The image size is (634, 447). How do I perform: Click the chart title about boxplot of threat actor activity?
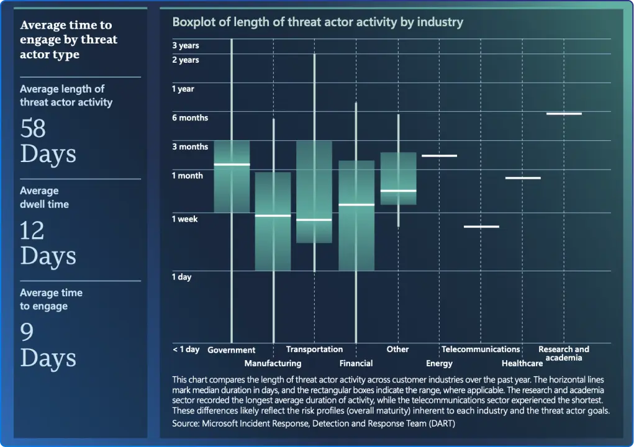pyautogui.click(x=317, y=22)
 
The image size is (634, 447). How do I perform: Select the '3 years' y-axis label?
pyautogui.click(x=185, y=45)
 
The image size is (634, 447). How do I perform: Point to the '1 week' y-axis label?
pyautogui.click(x=184, y=219)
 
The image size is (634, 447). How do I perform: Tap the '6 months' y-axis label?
pyautogui.click(x=190, y=118)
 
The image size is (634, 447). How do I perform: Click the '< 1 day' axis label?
pyautogui.click(x=186, y=350)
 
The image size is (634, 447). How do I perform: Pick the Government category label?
pyautogui.click(x=231, y=350)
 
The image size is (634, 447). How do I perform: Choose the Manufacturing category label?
pyautogui.click(x=273, y=363)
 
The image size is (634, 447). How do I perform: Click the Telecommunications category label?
pyautogui.click(x=481, y=350)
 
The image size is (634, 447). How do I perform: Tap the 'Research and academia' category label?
pyautogui.click(x=564, y=353)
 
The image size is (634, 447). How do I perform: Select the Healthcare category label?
pyautogui.click(x=522, y=363)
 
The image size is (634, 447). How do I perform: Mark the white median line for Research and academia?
pyautogui.click(x=564, y=114)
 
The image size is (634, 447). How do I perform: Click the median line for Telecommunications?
pyautogui.click(x=481, y=227)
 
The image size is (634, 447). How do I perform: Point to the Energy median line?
pyautogui.click(x=439, y=156)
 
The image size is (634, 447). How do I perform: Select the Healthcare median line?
pyautogui.click(x=523, y=178)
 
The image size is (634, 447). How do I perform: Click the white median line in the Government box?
pyautogui.click(x=232, y=165)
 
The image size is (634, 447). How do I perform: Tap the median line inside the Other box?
pyautogui.click(x=398, y=191)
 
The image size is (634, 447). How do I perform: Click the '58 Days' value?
pyautogui.click(x=48, y=141)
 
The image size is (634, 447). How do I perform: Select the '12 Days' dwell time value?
pyautogui.click(x=48, y=243)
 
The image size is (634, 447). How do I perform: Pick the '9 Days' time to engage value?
pyautogui.click(x=48, y=345)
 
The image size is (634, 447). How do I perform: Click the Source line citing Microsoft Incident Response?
pyautogui.click(x=317, y=423)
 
